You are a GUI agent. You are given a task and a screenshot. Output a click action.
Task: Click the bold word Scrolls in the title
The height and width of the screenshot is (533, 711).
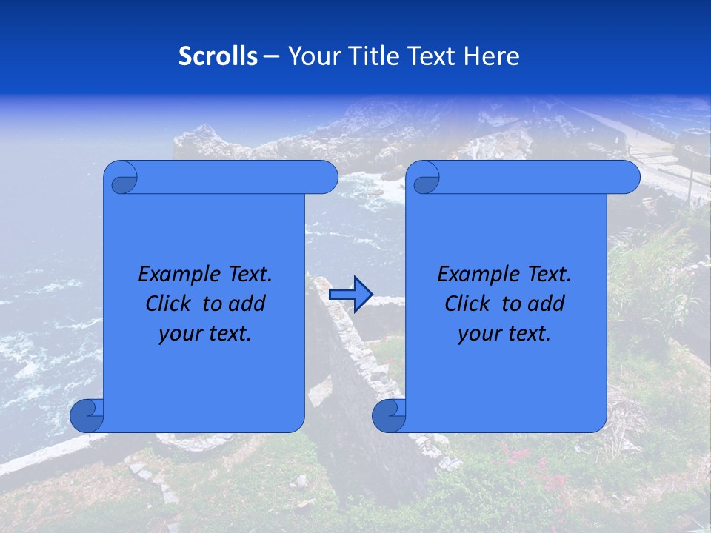point(218,56)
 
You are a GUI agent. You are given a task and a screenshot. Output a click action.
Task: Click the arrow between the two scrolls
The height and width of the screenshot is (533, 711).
point(350,295)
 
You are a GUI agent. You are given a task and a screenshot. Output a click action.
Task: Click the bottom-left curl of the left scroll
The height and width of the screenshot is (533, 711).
point(87,415)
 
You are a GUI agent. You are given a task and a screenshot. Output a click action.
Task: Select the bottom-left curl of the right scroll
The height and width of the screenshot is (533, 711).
point(389,415)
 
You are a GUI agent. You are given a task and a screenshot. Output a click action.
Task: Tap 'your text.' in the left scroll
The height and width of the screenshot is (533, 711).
point(205,333)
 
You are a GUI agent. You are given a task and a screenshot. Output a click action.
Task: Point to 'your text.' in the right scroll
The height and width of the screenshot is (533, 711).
point(504,333)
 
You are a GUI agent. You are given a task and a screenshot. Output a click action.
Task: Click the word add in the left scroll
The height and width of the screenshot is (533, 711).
point(247,304)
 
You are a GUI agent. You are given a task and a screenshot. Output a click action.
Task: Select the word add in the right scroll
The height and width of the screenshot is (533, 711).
point(547,304)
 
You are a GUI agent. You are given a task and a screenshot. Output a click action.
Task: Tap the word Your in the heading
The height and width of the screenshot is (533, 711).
point(312,56)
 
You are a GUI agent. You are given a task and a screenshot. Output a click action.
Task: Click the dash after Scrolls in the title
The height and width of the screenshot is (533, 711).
point(271,56)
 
